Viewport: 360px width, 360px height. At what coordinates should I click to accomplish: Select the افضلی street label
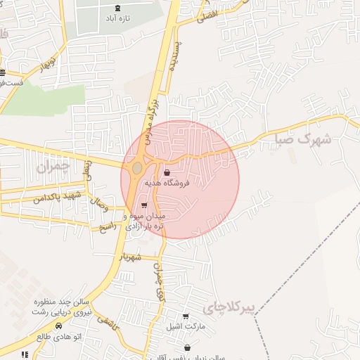point(207,15)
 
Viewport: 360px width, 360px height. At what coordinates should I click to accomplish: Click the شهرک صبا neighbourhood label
point(304,139)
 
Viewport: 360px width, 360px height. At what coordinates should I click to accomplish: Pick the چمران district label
point(52,167)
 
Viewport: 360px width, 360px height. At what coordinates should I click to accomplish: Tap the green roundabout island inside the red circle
point(136,169)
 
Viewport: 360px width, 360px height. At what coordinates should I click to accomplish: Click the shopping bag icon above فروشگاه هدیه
point(166,172)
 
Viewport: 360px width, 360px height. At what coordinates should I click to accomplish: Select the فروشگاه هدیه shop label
point(166,183)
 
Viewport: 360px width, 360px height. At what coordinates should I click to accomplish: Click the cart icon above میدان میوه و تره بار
point(144,205)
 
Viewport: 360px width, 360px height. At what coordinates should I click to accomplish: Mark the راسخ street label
point(107,226)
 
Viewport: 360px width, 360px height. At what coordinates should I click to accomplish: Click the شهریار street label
point(131,257)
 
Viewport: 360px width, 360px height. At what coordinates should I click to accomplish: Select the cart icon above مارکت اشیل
point(185,316)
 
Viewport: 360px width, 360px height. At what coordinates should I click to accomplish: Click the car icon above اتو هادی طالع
point(58,326)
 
